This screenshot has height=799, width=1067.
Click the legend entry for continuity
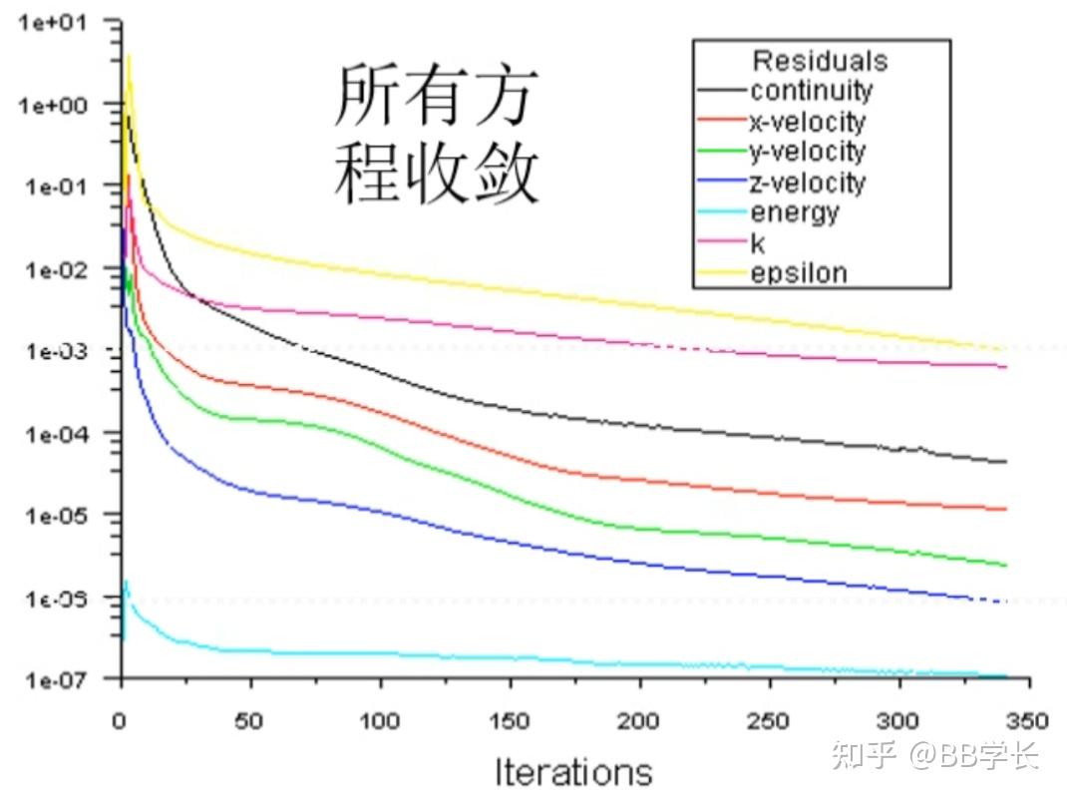coord(810,91)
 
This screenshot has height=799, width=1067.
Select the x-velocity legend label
coord(807,122)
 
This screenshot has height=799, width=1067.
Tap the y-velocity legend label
coord(807,152)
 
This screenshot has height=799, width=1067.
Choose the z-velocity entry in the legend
coord(807,183)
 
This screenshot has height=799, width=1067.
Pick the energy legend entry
coord(794,212)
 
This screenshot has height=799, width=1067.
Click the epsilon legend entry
coord(798,273)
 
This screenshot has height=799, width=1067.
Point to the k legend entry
coord(758,243)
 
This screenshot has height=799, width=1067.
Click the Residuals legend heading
coord(820,61)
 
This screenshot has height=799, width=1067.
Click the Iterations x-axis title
coord(573,771)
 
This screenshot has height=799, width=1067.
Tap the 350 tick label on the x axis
coord(1028,720)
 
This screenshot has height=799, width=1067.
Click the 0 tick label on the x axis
coord(122,720)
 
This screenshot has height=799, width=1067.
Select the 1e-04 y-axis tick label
coord(59,434)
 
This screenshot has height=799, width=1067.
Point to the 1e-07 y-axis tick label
coord(59,679)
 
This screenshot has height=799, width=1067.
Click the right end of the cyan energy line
coord(1005,676)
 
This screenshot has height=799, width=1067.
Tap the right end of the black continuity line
coord(1005,462)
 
